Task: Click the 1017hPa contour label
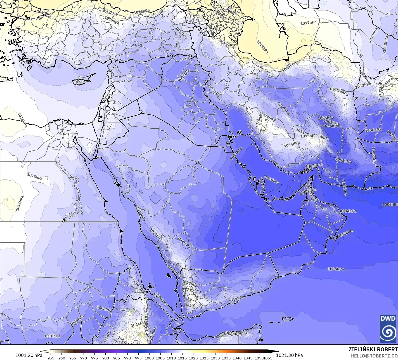(309, 23)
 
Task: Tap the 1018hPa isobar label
(142, 12)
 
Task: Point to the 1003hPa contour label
(390, 204)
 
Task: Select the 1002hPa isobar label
(344, 187)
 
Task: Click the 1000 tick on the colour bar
(149, 358)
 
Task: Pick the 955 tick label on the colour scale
(51, 358)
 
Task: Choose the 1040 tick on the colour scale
(237, 358)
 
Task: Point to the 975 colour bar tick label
(94, 358)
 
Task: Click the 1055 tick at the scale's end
(268, 358)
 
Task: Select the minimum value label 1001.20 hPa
(29, 355)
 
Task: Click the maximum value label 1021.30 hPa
(289, 355)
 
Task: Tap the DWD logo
(388, 328)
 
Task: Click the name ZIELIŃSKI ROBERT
(373, 349)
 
